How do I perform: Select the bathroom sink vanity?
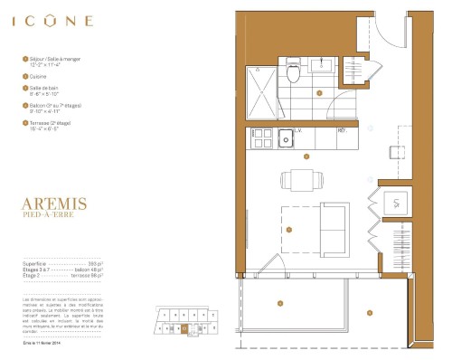tap(320, 64)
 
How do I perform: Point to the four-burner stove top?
tap(262, 137)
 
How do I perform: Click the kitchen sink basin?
tap(286, 138)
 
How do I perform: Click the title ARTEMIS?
tap(54, 204)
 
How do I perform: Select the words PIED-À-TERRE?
tap(52, 216)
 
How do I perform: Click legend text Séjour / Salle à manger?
tap(61, 59)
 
